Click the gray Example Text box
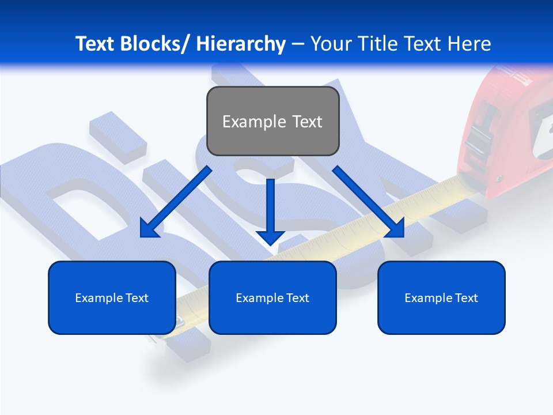tap(272, 121)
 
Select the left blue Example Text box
tap(112, 297)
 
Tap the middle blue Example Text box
tap(272, 297)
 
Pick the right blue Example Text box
tap(441, 297)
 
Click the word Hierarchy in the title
tap(241, 44)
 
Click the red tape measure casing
tap(507, 133)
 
